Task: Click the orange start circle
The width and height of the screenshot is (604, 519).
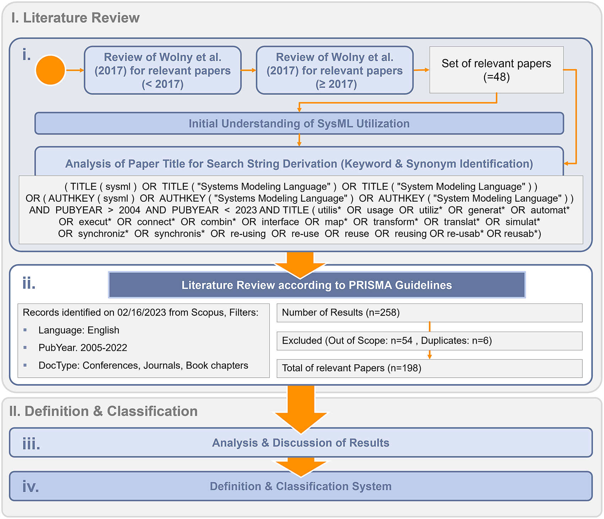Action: [50, 70]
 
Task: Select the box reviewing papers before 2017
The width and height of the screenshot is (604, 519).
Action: [162, 70]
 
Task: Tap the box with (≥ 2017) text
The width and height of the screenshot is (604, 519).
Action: [334, 70]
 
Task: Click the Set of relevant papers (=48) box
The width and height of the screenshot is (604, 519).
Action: [496, 70]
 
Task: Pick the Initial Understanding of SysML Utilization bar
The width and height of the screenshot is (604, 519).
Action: [299, 124]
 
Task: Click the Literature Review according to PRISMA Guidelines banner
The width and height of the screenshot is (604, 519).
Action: [317, 285]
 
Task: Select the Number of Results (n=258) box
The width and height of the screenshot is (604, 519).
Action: [429, 313]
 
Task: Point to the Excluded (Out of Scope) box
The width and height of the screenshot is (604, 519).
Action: [429, 341]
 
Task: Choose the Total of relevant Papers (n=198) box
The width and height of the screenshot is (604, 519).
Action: [429, 368]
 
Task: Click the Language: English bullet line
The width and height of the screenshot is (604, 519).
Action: [79, 330]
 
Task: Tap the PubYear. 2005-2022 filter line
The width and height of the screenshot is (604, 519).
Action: [82, 348]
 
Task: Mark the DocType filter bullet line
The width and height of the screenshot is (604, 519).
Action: [143, 365]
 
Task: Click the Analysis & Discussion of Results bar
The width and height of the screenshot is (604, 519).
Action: [301, 443]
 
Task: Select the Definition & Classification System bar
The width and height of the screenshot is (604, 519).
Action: [301, 486]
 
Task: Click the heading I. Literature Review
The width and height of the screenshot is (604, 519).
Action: [75, 18]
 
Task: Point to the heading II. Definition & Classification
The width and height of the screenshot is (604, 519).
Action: [103, 411]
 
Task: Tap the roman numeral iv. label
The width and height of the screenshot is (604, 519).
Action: [31, 486]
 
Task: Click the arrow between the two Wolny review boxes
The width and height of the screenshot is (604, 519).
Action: [248, 70]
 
